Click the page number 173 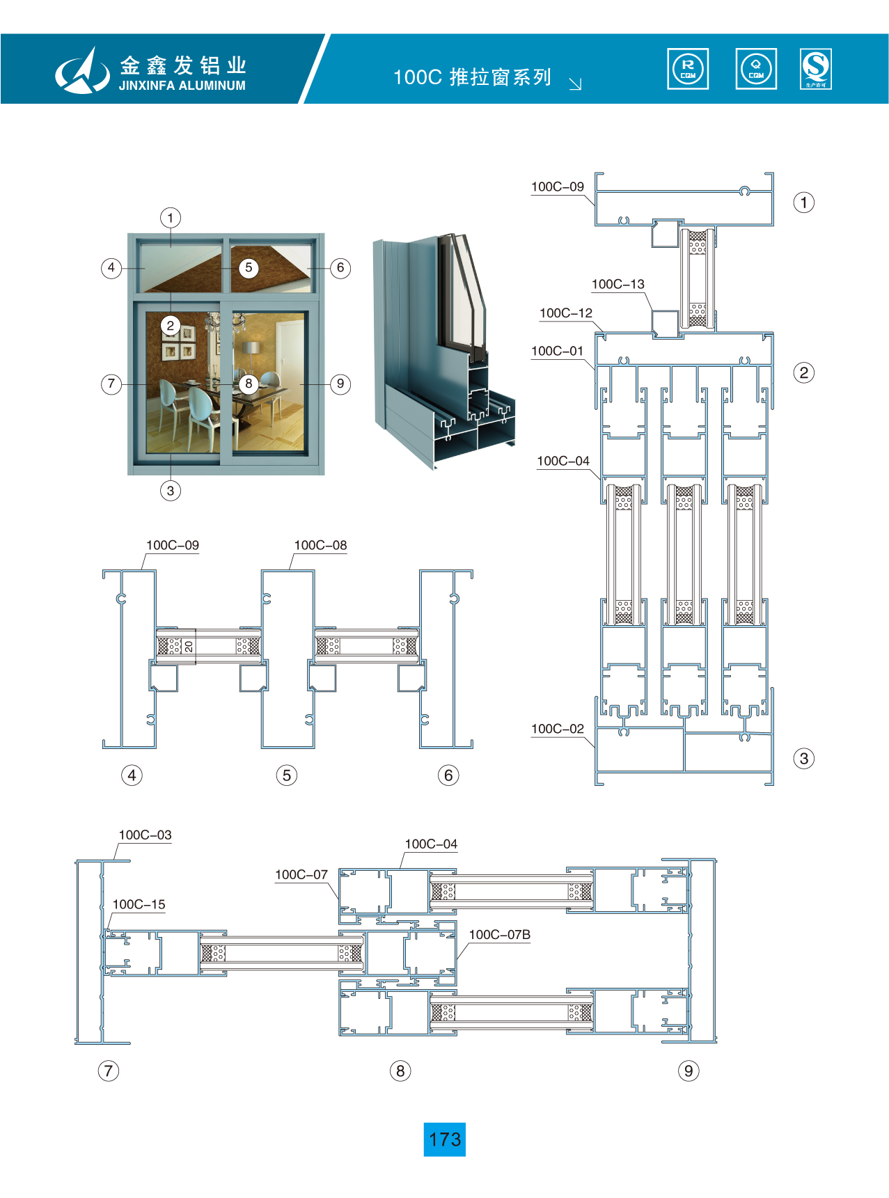click(x=444, y=1140)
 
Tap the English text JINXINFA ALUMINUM click(x=182, y=86)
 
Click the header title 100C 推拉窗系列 click(x=472, y=77)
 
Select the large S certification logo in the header click(x=816, y=69)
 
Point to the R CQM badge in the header click(x=688, y=69)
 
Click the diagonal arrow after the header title click(x=575, y=84)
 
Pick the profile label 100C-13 click(x=617, y=284)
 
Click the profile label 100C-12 click(x=565, y=313)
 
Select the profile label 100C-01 click(x=557, y=351)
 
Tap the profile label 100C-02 click(x=557, y=729)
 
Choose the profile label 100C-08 click(x=320, y=545)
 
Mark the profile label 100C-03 click(x=145, y=835)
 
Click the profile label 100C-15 click(x=139, y=904)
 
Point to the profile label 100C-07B click(x=499, y=934)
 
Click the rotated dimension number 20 click(x=189, y=647)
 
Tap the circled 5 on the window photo click(x=249, y=268)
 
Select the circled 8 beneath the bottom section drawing click(x=400, y=1071)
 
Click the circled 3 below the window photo click(x=171, y=491)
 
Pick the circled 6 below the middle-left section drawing click(x=448, y=775)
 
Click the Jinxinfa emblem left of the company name click(x=82, y=70)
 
